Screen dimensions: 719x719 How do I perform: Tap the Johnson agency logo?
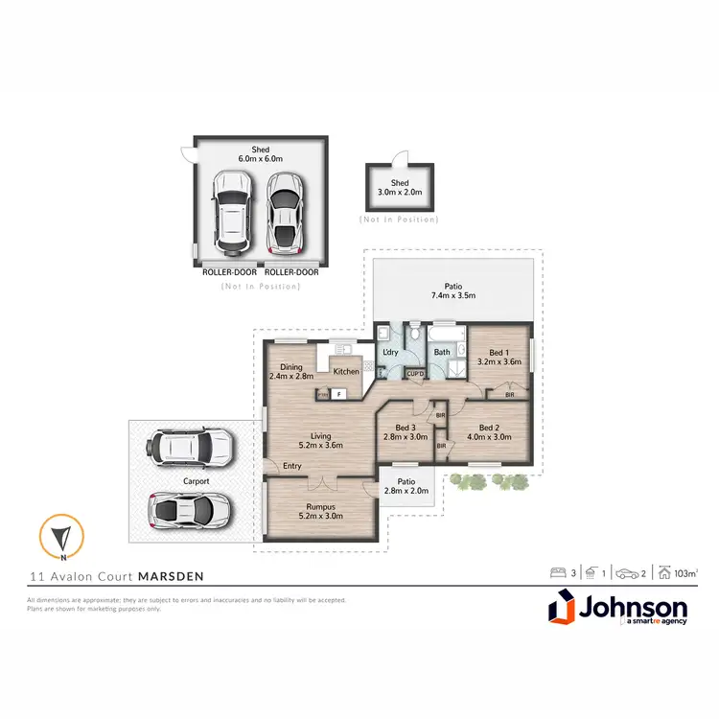pos(617,612)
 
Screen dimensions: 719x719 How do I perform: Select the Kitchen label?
pos(345,372)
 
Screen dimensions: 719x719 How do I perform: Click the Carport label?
pos(197,481)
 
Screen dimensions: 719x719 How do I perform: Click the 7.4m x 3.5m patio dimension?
pos(452,295)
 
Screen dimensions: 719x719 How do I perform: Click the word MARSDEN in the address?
pos(170,576)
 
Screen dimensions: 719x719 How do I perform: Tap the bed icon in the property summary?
pos(557,573)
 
